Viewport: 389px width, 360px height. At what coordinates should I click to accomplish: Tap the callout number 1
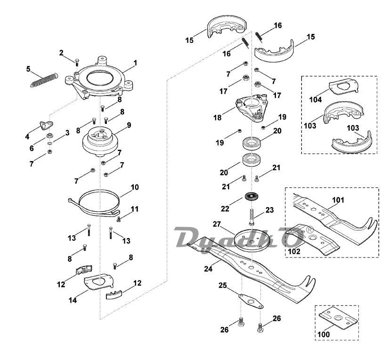point(135,63)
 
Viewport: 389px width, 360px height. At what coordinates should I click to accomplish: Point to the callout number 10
point(135,187)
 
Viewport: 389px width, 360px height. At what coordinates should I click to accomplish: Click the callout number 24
point(207,270)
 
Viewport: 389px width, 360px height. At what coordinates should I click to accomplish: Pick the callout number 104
point(316,100)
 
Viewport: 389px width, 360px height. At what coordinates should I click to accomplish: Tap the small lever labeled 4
point(46,125)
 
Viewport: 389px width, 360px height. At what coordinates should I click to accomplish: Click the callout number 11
point(134,208)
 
